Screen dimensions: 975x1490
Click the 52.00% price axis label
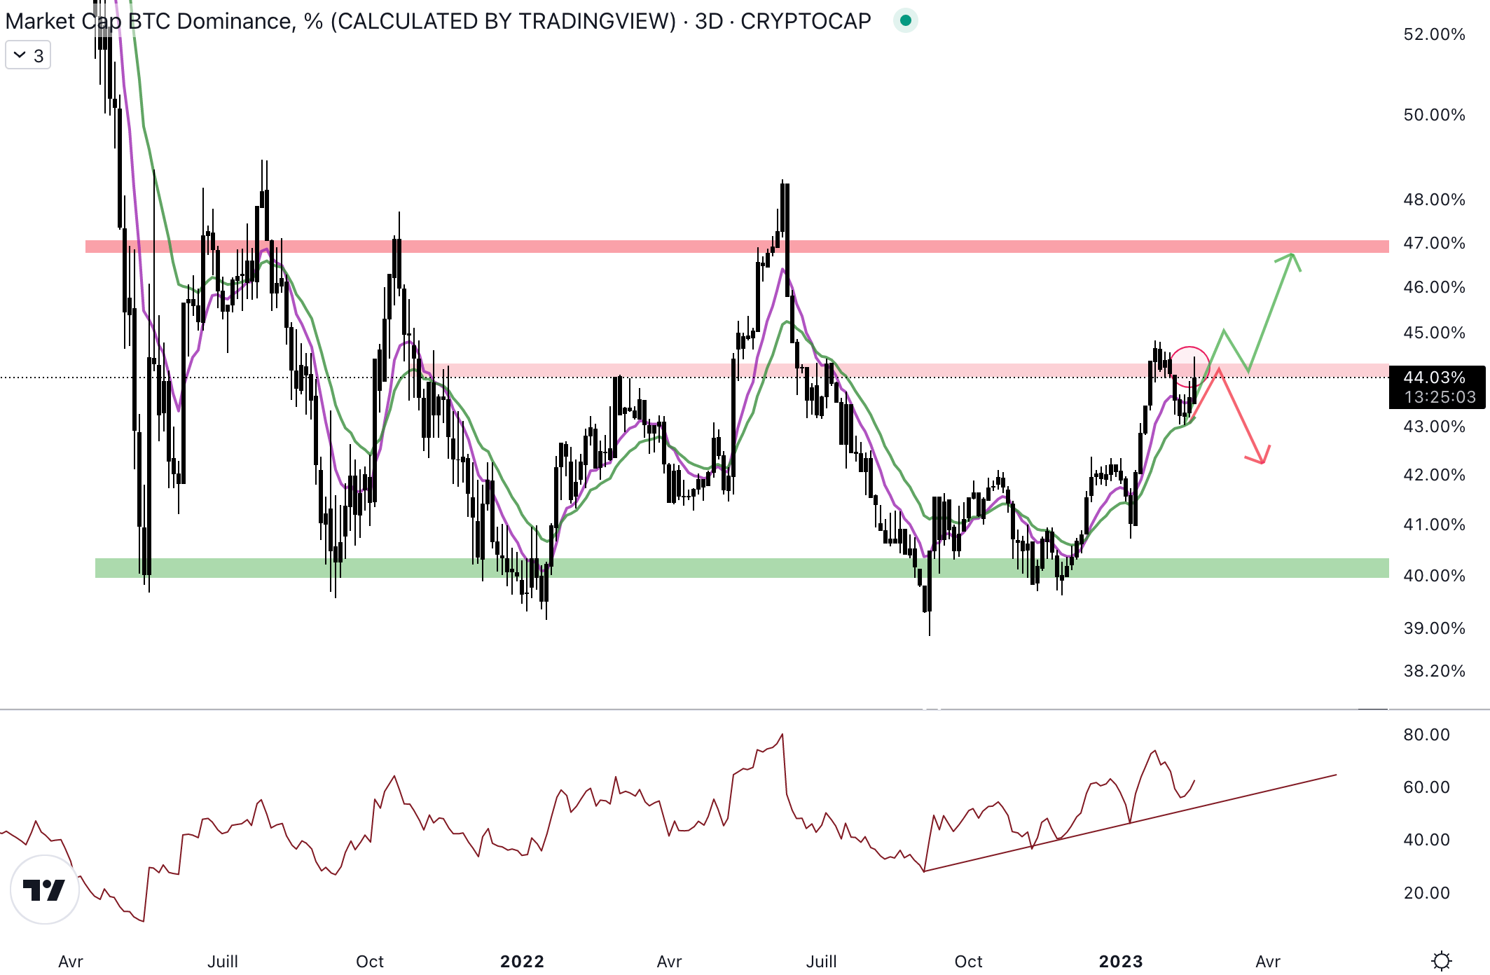click(1433, 34)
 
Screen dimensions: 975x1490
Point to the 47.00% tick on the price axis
click(1433, 243)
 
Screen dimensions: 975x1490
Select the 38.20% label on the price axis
click(1433, 671)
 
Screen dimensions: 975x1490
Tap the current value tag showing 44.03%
click(1434, 378)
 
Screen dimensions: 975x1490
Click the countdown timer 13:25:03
click(1440, 397)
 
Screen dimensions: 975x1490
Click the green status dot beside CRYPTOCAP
click(905, 21)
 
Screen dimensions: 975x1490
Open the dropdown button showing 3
click(28, 55)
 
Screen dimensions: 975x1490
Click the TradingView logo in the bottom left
click(44, 890)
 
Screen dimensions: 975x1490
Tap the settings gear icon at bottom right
click(1441, 960)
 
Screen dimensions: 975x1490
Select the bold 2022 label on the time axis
click(522, 962)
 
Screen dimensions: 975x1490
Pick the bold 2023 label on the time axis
click(1120, 962)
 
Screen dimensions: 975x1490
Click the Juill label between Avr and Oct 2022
click(821, 962)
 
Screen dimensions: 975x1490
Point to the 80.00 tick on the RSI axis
click(1426, 735)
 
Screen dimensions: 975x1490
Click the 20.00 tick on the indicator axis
click(1426, 893)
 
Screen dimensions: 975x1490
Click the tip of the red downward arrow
click(1262, 462)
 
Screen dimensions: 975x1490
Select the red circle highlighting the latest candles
click(1189, 366)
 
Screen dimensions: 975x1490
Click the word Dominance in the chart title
click(235, 21)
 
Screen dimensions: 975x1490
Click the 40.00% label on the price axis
click(1433, 576)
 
